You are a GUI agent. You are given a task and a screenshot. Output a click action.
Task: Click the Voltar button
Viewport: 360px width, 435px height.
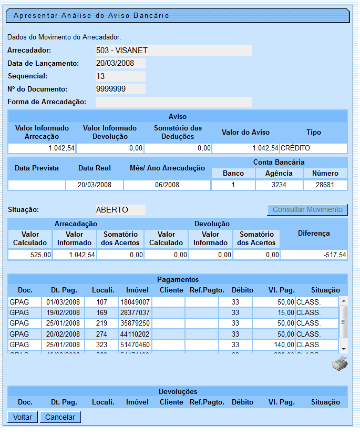(23, 417)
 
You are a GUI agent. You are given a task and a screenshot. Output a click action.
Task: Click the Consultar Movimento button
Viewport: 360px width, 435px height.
(307, 209)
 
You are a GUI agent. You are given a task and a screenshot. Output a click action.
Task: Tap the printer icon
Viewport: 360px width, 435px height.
(340, 363)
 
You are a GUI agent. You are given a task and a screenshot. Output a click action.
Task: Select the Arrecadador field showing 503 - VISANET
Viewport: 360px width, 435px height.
(173, 50)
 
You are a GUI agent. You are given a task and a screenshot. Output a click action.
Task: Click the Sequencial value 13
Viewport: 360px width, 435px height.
(120, 76)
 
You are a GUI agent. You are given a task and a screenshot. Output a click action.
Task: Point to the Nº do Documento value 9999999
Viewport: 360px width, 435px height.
(120, 89)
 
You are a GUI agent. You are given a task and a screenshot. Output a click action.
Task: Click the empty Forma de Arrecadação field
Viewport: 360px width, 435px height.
(173, 102)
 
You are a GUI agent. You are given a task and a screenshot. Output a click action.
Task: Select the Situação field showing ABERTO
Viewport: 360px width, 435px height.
(120, 210)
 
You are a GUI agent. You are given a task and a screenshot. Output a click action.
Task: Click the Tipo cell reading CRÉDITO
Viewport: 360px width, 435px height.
(313, 148)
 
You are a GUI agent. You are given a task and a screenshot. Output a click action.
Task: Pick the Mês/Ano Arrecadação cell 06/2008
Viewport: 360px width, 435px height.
(167, 185)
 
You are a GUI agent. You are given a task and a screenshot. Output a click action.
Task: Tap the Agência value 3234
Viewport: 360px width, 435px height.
(279, 185)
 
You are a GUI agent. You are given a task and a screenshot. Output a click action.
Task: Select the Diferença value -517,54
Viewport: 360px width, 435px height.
(313, 255)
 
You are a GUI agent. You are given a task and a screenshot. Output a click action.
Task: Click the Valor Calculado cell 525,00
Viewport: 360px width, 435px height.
(30, 255)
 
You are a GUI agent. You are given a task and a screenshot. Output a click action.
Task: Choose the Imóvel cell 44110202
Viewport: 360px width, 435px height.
(135, 334)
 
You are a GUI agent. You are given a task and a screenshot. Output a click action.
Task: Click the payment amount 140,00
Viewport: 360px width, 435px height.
(273, 345)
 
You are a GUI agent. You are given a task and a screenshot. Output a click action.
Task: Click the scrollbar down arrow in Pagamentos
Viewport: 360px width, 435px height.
(344, 349)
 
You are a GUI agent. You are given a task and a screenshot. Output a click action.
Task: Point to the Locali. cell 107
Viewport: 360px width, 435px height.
(101, 302)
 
